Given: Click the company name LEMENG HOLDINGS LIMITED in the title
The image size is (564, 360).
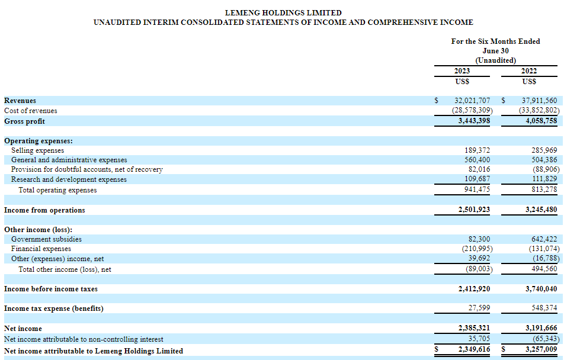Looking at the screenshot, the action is [x=283, y=12].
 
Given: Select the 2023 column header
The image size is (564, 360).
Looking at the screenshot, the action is [x=462, y=71].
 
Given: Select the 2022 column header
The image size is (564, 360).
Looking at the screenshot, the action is [x=528, y=71].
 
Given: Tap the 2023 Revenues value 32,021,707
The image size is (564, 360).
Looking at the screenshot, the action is [x=472, y=101].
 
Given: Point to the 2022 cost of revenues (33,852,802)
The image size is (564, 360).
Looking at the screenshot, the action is [x=539, y=110].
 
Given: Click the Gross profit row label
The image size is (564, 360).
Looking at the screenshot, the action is [x=24, y=121].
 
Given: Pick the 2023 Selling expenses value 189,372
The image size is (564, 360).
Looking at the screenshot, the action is [x=477, y=150].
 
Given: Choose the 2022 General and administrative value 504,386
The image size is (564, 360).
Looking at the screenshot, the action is [x=544, y=160].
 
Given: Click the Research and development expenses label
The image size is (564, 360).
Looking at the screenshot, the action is [x=69, y=179].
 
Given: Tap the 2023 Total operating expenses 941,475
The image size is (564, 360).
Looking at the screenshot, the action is [x=477, y=189].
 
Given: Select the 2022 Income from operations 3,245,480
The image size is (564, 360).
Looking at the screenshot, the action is [x=541, y=210].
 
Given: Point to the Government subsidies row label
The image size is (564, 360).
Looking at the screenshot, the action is [x=46, y=239].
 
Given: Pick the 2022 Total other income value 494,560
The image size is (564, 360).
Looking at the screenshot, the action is [x=544, y=269].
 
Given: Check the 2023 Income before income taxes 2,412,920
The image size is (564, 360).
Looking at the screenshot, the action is [x=474, y=289].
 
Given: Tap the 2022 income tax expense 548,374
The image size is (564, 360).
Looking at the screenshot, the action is [x=544, y=308].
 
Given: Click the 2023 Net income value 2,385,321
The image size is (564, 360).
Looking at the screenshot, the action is [x=474, y=328].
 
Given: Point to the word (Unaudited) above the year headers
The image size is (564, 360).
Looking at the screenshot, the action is [x=495, y=60].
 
